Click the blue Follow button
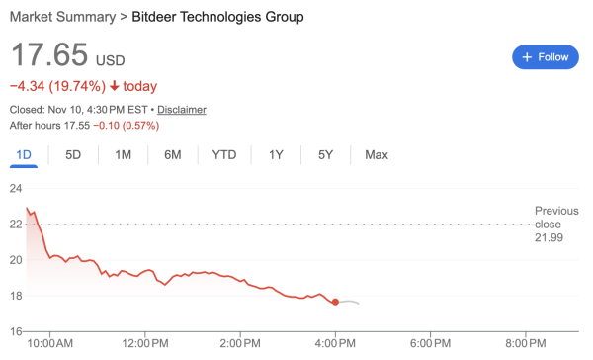546,57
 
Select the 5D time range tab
73,155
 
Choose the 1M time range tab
124,155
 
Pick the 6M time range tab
173,155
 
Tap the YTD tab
224,155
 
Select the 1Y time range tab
276,155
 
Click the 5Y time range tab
326,155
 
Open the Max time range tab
377,155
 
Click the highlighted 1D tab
24,155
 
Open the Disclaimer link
182,110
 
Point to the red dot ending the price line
336,302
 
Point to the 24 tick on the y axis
16,188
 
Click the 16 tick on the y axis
16,332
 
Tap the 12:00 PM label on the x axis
144,343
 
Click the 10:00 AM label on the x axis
50,343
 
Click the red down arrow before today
115,86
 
